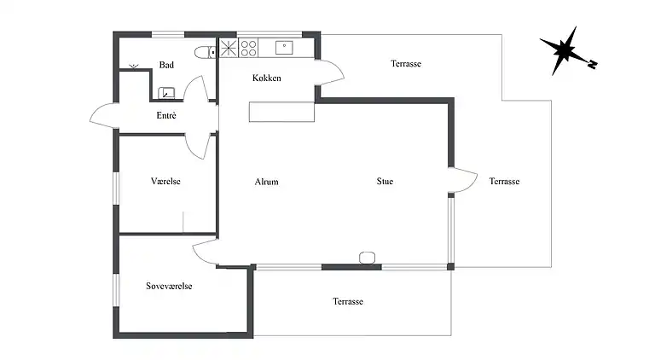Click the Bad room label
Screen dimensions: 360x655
(166, 65)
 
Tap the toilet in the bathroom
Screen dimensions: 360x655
(203, 53)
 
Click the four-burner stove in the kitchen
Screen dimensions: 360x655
(248, 48)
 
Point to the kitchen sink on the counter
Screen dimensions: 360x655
(283, 48)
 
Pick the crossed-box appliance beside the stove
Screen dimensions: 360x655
(229, 48)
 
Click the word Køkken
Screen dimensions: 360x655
(267, 78)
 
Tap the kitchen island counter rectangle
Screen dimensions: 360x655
(281, 112)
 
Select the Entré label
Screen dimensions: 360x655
(166, 115)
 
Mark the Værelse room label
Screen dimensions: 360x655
(166, 182)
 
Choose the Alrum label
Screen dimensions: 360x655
(266, 182)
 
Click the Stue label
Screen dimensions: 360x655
(385, 182)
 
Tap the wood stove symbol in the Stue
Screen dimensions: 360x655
(368, 258)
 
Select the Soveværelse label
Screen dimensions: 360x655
(169, 287)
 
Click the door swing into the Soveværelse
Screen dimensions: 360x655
(206, 252)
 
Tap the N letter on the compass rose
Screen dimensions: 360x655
(592, 63)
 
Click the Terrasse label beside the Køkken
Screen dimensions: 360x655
(406, 64)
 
